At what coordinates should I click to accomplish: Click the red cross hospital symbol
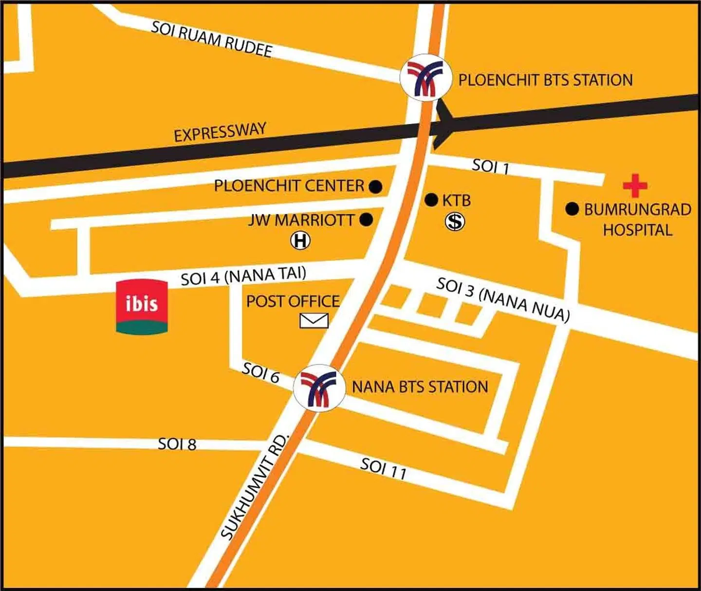coord(635,185)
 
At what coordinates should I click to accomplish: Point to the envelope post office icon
coord(314,320)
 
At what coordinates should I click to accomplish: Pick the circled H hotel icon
coord(300,241)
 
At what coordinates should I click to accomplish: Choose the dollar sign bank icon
coord(455,222)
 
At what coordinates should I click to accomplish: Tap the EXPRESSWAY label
coord(220,132)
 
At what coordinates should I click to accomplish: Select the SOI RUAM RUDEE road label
coord(211,39)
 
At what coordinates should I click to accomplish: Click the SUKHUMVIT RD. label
coord(255,487)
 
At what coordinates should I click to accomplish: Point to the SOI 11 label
coord(383,468)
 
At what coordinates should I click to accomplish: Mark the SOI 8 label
coord(177,444)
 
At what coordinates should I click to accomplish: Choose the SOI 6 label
coord(261,373)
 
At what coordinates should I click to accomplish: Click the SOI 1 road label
coord(490,166)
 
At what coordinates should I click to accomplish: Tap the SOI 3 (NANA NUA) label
coord(503,299)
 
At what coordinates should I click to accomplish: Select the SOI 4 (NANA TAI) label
coord(243,276)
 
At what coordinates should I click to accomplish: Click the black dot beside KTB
coord(431,200)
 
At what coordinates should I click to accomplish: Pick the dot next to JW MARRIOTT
coord(366,220)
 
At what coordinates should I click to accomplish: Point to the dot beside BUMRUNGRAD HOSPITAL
coord(572,209)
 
